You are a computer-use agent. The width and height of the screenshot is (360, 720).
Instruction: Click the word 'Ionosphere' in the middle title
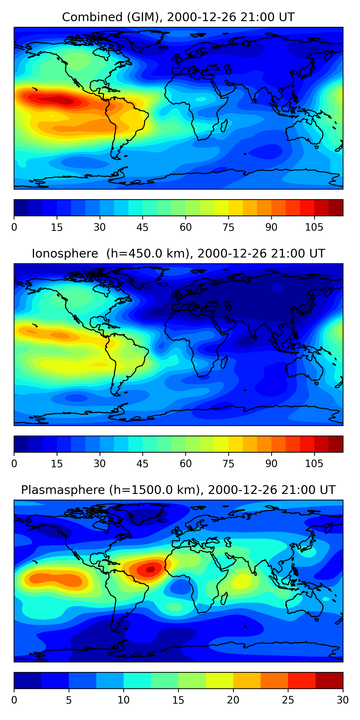coord(65,254)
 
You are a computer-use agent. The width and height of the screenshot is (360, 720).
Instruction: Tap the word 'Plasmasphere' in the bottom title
coord(63,490)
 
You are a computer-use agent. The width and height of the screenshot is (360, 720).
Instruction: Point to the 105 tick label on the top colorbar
coord(314,228)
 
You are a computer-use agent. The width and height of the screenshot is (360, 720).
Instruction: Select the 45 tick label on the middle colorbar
coord(142,464)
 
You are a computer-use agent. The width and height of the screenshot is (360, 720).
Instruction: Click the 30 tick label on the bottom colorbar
coord(343,700)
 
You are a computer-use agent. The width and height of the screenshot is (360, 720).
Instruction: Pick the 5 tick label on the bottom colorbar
coord(69,700)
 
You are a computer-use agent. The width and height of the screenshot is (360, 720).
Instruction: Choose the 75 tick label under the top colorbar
coord(228,228)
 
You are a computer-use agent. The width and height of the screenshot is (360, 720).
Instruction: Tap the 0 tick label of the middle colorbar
coord(14,464)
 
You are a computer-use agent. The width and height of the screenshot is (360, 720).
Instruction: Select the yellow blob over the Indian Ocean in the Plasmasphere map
coord(242,581)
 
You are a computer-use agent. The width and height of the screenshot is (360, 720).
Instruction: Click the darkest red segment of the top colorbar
coord(336,208)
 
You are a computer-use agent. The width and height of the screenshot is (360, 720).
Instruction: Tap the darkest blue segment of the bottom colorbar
coord(28,680)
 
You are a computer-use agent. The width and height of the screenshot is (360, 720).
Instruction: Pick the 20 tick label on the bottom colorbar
coord(233,700)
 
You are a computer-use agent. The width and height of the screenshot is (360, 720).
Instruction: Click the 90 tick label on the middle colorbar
coord(271,464)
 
